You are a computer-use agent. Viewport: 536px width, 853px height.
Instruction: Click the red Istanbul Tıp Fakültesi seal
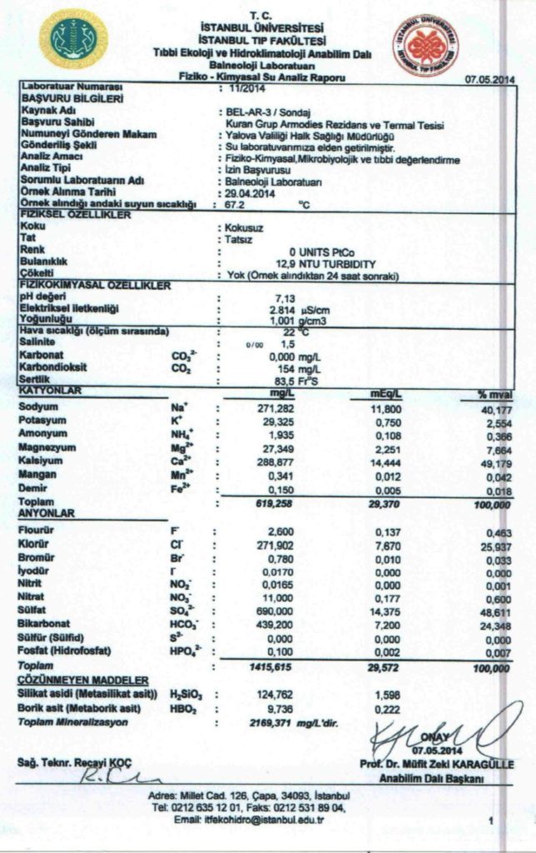425,44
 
